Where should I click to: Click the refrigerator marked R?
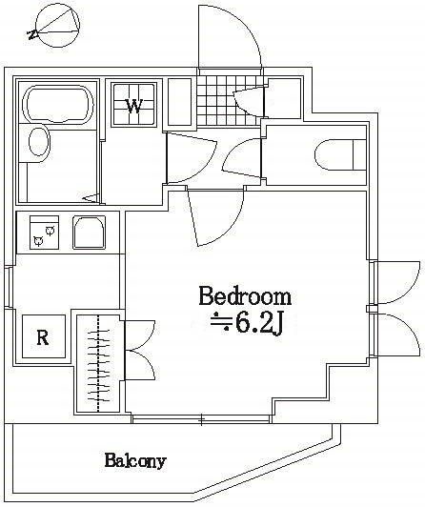coord(42,336)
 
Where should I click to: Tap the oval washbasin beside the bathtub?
coord(38,143)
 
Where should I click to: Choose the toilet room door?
coord(245,155)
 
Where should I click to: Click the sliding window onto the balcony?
coord(202,418)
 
